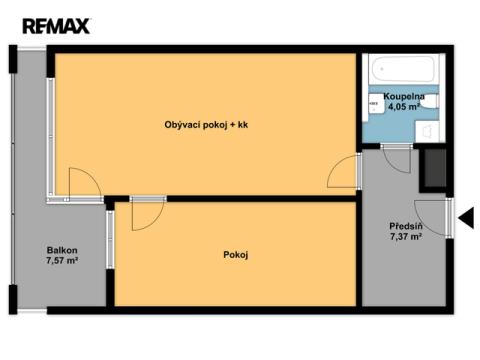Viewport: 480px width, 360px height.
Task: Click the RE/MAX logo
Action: point(56,26)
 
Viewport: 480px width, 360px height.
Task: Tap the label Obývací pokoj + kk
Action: point(206,125)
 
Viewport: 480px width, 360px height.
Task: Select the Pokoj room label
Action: point(236,255)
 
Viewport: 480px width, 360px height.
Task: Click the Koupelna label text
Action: point(404,97)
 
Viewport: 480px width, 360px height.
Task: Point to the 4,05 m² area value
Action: point(404,107)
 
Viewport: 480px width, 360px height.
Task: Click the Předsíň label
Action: point(406,226)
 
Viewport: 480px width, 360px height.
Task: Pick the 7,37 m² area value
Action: point(406,237)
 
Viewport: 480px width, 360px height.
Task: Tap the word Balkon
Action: point(62,250)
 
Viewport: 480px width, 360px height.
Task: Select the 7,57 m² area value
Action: point(62,260)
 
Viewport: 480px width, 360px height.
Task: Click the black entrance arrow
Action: point(467,218)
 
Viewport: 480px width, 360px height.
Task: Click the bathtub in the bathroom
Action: point(403,69)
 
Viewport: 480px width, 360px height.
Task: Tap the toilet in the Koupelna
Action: point(431,101)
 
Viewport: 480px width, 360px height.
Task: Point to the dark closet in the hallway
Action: point(435,168)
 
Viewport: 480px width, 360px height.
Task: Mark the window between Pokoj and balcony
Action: point(110,240)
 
